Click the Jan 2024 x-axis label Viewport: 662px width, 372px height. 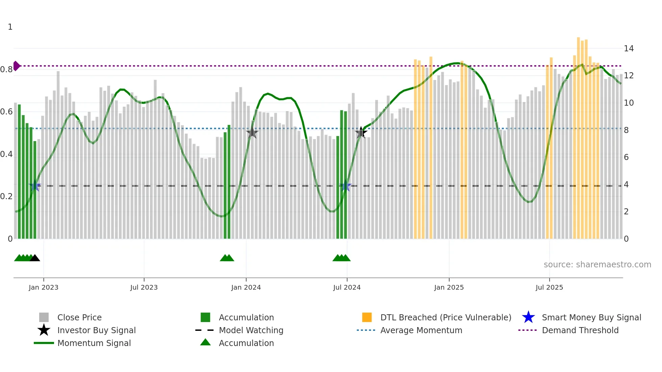click(246, 287)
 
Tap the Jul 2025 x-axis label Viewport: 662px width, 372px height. click(549, 287)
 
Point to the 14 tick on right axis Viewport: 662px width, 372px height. click(629, 49)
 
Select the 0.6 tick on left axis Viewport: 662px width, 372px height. click(6, 112)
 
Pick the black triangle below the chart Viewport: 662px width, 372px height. click(35, 258)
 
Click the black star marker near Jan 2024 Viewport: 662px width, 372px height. click(252, 133)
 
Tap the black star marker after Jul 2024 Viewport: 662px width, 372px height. click(361, 133)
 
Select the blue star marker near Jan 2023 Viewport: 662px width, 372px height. click(35, 186)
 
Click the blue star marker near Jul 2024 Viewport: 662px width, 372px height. click(346, 186)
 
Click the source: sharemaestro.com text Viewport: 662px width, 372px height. click(597, 265)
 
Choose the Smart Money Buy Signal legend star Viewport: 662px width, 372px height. click(528, 317)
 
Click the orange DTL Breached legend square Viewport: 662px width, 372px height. click(367, 317)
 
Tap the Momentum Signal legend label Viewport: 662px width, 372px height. click(94, 343)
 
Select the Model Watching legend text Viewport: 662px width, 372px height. click(251, 330)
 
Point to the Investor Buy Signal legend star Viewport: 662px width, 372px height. click(44, 330)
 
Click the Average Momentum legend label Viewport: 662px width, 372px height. click(421, 330)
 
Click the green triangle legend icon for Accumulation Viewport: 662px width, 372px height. click(205, 342)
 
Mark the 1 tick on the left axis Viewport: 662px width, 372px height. click(10, 27)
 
